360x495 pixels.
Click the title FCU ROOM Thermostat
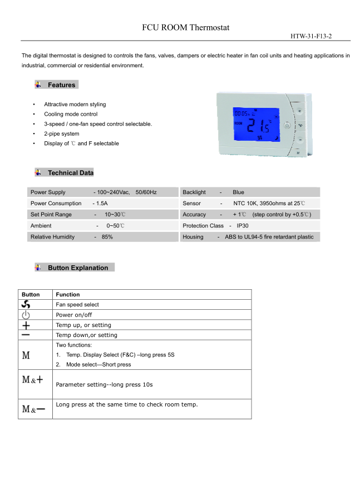pyautogui.click(x=185, y=27)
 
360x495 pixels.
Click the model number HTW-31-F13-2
pyautogui.click(x=312, y=36)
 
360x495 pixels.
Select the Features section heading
pyautogui.click(x=61, y=85)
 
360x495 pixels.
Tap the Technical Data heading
pyautogui.click(x=71, y=173)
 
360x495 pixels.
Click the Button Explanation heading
pyautogui.click(x=78, y=268)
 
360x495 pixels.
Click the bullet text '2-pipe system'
pyautogui.click(x=62, y=133)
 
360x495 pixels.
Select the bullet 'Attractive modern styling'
pyautogui.click(x=75, y=105)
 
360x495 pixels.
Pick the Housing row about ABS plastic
pyautogui.click(x=248, y=237)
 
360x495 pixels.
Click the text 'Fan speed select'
pyautogui.click(x=77, y=305)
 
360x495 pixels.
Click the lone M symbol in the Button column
pyautogui.click(x=26, y=355)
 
